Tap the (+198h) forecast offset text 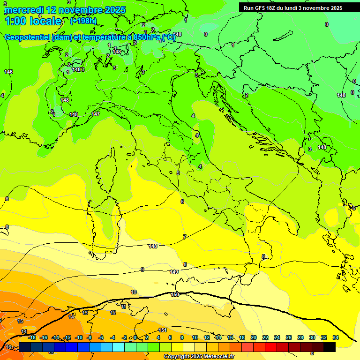pyautogui.click(x=83, y=21)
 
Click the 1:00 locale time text pyautogui.click(x=33, y=21)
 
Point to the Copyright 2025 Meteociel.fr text pyautogui.click(x=199, y=357)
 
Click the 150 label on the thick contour pyautogui.click(x=175, y=294)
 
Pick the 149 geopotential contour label pyautogui.click(x=173, y=272)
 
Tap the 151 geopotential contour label pyautogui.click(x=163, y=330)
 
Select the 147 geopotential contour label pyautogui.click(x=96, y=114)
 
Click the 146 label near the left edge pyautogui.click(x=8, y=72)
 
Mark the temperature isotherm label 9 pyautogui.click(x=142, y=270)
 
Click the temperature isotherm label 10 pyautogui.click(x=134, y=292)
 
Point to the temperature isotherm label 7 pyautogui.click(x=184, y=237)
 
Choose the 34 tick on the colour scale pyautogui.click(x=336, y=337)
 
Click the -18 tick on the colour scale pyautogui.click(x=32, y=337)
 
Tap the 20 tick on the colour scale pyautogui.click(x=254, y=337)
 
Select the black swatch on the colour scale pyautogui.click(x=329, y=347)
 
